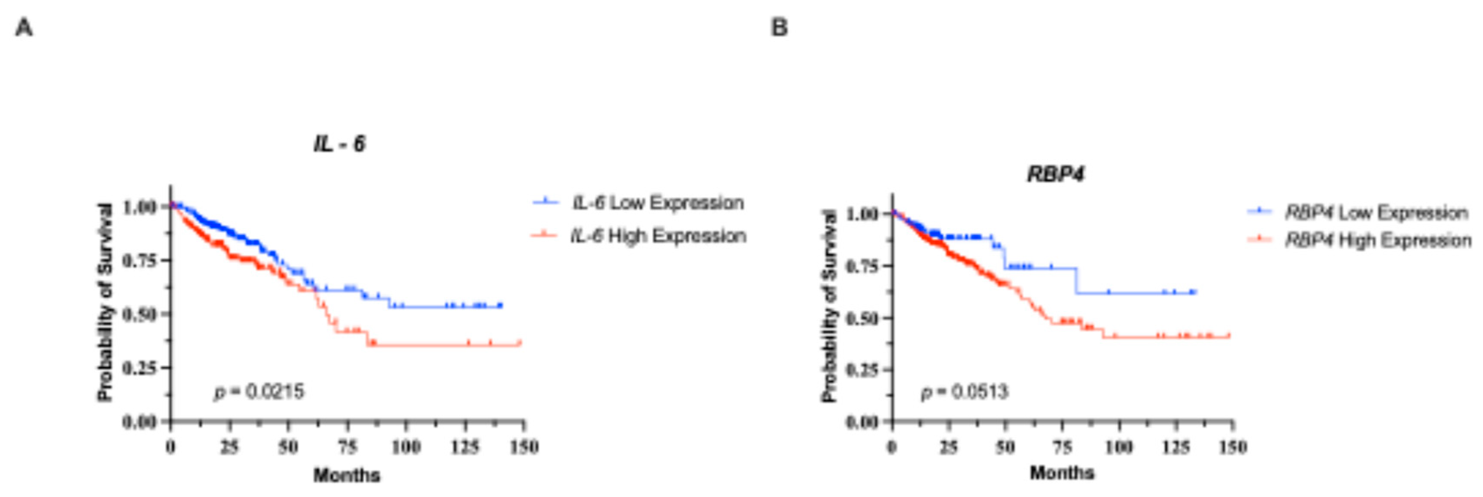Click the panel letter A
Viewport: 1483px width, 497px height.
click(x=24, y=27)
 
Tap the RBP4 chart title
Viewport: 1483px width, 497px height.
click(x=1056, y=174)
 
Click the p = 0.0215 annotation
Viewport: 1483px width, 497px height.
click(x=259, y=392)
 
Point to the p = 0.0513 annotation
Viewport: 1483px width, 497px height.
click(x=965, y=392)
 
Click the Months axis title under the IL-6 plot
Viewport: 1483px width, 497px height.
click(x=347, y=475)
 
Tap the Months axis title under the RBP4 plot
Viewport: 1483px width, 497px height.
click(x=1062, y=473)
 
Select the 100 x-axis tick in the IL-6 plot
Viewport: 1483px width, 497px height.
click(x=406, y=447)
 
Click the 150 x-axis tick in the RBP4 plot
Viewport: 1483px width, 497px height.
click(x=1232, y=447)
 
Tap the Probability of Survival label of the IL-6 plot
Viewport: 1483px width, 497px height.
click(x=105, y=302)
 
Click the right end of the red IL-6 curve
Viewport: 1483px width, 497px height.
click(x=520, y=344)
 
